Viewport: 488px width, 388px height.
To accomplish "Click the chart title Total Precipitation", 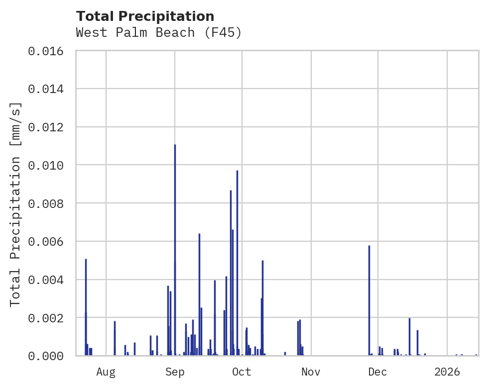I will pyautogui.click(x=145, y=16).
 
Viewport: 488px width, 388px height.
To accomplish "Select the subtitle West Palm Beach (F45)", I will pyautogui.click(x=159, y=33).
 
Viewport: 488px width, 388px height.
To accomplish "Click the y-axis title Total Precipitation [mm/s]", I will pyautogui.click(x=15, y=203).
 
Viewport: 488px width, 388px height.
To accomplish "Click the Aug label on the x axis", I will pyautogui.click(x=106, y=372).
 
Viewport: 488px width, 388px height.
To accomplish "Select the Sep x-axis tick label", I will pyautogui.click(x=175, y=372).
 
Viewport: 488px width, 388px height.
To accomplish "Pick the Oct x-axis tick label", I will pyautogui.click(x=242, y=372).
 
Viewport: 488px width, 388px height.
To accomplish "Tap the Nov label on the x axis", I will pyautogui.click(x=311, y=372).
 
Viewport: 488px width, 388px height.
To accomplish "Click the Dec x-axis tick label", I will pyautogui.click(x=378, y=372).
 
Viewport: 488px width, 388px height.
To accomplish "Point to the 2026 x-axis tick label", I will pyautogui.click(x=447, y=372).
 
